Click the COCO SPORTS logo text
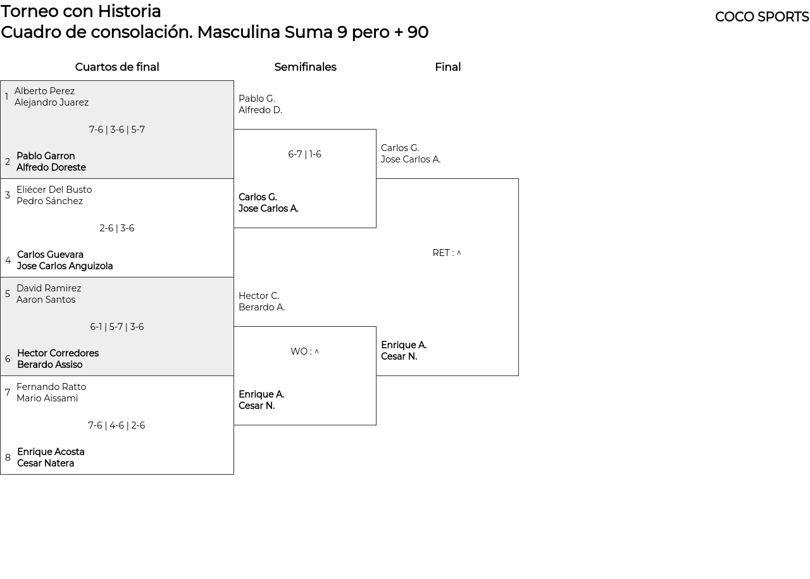(x=762, y=17)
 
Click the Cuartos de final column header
(x=117, y=67)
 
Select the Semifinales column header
(x=305, y=67)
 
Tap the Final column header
(x=447, y=67)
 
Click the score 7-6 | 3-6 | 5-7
(x=117, y=130)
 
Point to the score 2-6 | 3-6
(x=117, y=228)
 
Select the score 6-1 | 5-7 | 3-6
(x=117, y=327)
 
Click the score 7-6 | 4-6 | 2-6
(x=116, y=425)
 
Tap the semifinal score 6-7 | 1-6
(x=304, y=154)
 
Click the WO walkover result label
(x=304, y=351)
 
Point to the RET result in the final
(x=447, y=253)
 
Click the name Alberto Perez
(x=44, y=90)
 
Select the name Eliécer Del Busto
(x=54, y=189)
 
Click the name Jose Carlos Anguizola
(x=65, y=266)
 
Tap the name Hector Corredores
(x=58, y=353)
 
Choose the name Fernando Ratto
(x=51, y=386)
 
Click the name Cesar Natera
(x=46, y=463)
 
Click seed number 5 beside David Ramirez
(x=7, y=294)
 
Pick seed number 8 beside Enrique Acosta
(x=8, y=457)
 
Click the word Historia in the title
(x=130, y=11)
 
